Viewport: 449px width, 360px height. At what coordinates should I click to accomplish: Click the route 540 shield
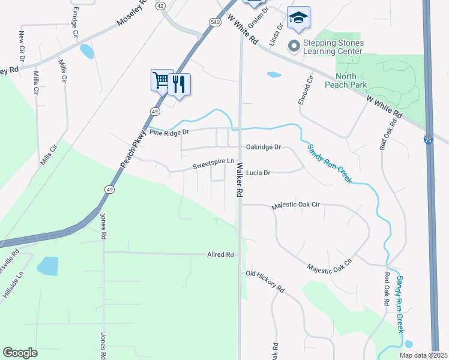tap(214, 22)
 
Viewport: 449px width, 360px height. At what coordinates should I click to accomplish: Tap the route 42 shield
tap(160, 5)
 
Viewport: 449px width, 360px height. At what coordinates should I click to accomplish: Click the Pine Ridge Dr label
tap(169, 132)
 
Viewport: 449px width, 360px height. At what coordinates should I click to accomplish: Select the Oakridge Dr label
tap(263, 147)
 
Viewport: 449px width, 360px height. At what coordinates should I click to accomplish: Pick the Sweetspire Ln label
tap(212, 162)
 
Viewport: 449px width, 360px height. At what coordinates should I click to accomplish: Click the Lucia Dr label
tap(259, 173)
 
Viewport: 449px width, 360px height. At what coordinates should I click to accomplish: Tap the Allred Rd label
tap(220, 255)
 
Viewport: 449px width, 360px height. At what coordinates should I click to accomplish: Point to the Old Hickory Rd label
tap(265, 281)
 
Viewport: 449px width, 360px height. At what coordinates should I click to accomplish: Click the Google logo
tap(20, 353)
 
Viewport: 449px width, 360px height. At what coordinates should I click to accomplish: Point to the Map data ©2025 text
tap(423, 355)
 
